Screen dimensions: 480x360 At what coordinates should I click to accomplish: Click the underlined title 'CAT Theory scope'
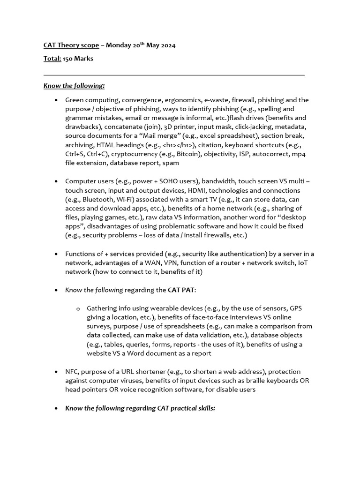[71, 45]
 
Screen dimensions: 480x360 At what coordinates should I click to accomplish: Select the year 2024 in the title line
[166, 45]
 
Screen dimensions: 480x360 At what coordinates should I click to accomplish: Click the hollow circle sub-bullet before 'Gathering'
[78, 308]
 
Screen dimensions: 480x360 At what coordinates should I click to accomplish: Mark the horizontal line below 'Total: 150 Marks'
[174, 75]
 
